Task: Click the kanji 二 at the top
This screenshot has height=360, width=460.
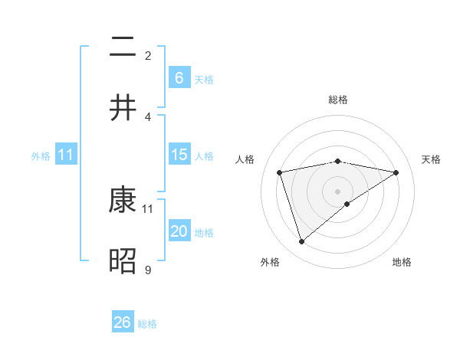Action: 123,47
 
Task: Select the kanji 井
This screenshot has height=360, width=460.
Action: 123,108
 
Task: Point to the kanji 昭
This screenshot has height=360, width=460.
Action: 123,262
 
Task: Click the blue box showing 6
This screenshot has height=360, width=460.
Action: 179,77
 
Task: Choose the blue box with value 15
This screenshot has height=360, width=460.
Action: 179,155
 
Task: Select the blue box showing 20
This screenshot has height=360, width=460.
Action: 179,231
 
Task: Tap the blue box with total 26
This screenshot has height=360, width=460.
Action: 123,322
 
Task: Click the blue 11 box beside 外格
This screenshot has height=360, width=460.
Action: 66,155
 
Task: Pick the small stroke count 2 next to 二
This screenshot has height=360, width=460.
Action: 148,55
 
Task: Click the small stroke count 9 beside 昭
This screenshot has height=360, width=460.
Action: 148,270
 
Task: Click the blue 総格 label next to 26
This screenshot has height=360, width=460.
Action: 147,324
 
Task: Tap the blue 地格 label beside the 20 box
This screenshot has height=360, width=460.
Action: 204,233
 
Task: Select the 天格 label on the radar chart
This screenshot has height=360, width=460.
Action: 431,159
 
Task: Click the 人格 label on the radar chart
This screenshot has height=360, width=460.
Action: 246,159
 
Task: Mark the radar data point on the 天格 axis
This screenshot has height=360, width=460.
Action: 396,172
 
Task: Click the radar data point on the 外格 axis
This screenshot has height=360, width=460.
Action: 302,242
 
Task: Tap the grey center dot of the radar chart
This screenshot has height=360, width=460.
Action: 338,191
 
